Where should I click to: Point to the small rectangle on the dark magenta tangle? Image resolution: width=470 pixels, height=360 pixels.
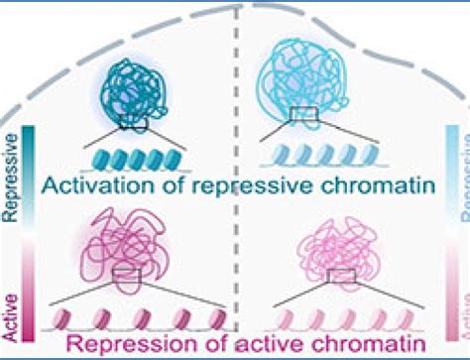point(127,273)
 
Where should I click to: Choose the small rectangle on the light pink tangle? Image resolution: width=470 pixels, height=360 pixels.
point(341,274)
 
